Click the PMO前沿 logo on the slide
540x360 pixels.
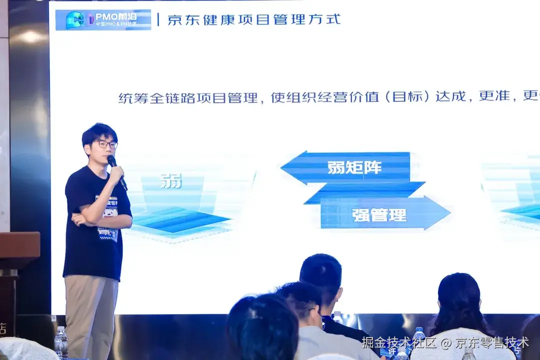pos(102,20)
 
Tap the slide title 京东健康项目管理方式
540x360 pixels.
pos(254,19)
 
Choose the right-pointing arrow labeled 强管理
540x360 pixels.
pos(385,213)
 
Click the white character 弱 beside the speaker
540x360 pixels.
pos(171,180)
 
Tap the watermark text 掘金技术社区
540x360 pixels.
pos(399,342)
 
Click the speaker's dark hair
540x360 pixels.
pos(99,132)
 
